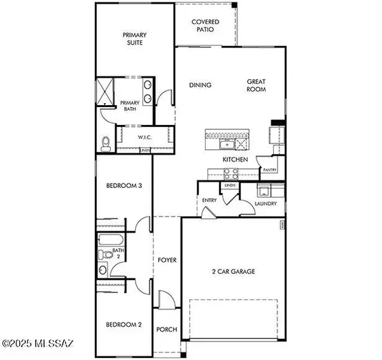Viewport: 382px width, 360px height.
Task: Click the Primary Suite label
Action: (135, 39)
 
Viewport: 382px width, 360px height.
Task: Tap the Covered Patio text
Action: (205, 25)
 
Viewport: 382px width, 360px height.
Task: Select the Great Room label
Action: (257, 85)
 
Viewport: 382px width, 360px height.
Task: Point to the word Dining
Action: (200, 85)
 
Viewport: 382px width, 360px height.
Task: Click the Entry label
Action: (209, 200)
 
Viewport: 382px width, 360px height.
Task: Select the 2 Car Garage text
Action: (233, 271)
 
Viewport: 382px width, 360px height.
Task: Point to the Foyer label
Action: (167, 260)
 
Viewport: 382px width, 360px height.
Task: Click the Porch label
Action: (167, 329)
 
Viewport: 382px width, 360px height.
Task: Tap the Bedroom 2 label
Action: (124, 324)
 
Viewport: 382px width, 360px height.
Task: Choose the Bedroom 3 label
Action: (124, 186)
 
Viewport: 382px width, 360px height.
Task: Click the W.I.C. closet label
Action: (144, 137)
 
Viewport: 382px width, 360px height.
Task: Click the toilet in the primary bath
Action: (106, 142)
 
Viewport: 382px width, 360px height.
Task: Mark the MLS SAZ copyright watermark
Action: (38, 345)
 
